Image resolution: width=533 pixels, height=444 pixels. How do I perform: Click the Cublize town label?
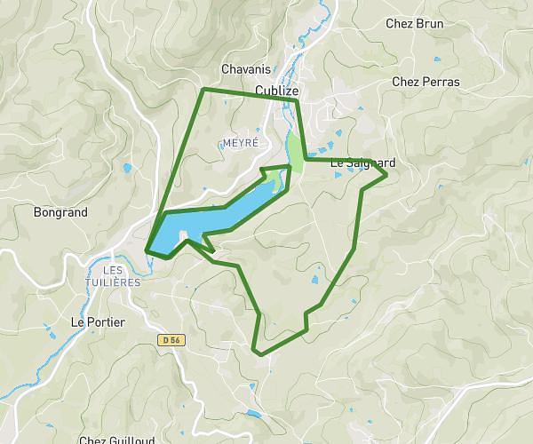pyautogui.click(x=277, y=91)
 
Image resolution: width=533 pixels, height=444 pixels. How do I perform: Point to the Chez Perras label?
pyautogui.click(x=426, y=82)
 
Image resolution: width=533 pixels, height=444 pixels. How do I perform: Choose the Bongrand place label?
pyautogui.click(x=60, y=213)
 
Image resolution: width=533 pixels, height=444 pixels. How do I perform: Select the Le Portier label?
pyautogui.click(x=97, y=321)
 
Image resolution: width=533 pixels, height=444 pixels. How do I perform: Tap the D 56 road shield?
pyautogui.click(x=170, y=339)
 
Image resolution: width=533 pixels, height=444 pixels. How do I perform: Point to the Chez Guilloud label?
pyautogui.click(x=116, y=440)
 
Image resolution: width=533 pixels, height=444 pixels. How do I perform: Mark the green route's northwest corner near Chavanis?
pyautogui.click(x=203, y=90)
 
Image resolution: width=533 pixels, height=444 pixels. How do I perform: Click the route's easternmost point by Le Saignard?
pyautogui.click(x=386, y=175)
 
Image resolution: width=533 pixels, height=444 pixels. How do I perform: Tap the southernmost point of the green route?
pyautogui.click(x=260, y=353)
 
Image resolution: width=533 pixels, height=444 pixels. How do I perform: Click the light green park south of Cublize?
pyautogui.click(x=294, y=146)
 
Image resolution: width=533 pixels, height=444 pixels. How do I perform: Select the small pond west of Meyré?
pyautogui.click(x=128, y=167)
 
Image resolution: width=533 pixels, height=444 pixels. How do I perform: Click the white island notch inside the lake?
pyautogui.click(x=183, y=235)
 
